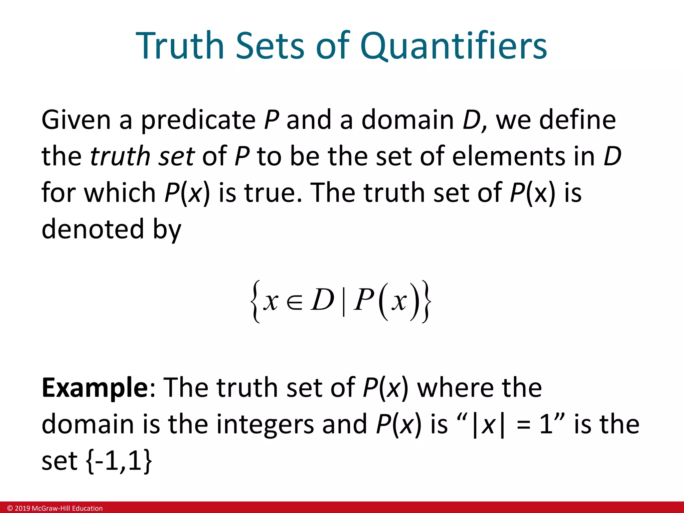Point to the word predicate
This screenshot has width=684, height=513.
point(198,120)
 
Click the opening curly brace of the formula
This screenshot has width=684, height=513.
point(255,302)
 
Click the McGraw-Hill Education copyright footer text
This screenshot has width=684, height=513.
point(55,508)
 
